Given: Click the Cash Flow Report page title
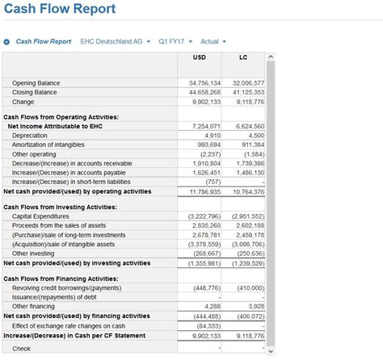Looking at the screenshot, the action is point(59,10).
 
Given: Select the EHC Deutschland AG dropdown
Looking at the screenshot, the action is point(116,41).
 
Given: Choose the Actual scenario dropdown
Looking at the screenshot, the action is point(213,41).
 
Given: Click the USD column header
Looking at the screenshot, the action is point(200,57).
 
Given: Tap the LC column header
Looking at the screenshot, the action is point(243,57).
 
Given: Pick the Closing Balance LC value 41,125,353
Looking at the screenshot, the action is point(248,93).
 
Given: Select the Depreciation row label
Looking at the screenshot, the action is point(30,136).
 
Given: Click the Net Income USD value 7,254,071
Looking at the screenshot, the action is point(206,127).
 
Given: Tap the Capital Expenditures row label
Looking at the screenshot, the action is point(40,216).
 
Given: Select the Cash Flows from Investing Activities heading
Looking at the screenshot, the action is point(60,207).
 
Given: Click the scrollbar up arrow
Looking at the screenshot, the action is point(271,57).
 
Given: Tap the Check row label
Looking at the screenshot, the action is point(22,349).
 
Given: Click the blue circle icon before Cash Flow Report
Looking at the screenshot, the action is point(7,42).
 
